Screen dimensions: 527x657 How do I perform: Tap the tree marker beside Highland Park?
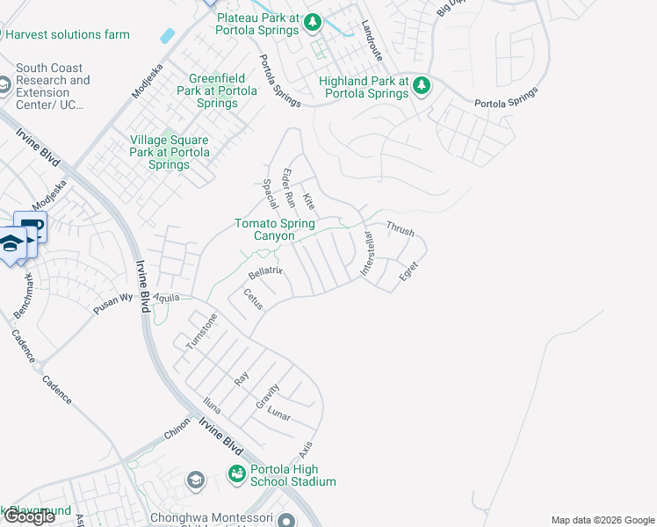coord(422,85)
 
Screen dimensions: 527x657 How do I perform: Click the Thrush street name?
coord(400,227)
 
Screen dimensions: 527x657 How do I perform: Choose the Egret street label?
coord(408,271)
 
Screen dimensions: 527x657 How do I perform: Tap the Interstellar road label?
coord(367,255)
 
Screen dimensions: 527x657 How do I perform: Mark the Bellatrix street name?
coord(265,271)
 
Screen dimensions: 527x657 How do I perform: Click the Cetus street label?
coord(253,300)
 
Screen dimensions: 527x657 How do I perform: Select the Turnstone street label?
coord(200,330)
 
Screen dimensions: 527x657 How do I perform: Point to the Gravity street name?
coord(267,395)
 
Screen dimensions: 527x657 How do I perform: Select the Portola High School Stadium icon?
coord(236,474)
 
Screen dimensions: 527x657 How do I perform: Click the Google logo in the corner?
coord(29,516)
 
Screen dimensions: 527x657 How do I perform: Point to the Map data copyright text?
coord(602,520)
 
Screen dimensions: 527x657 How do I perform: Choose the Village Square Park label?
coord(170,152)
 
